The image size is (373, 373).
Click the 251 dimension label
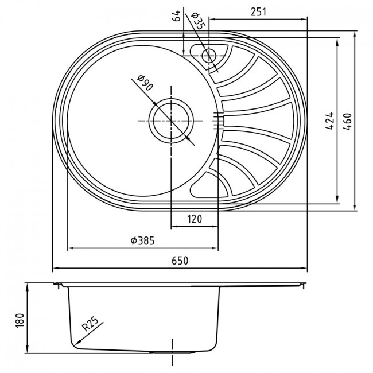259,12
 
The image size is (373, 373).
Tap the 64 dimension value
176,16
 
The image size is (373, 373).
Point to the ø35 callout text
197,21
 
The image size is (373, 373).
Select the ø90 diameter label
145,83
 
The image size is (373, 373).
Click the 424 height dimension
330,121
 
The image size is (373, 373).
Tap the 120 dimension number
195,219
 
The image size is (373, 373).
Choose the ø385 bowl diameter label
143,240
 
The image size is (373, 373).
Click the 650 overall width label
180,261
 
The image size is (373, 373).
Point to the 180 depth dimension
20,320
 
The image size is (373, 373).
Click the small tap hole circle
209,56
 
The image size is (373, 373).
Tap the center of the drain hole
171,121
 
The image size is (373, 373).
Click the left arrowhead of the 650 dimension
55,268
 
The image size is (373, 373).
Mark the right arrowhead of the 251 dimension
304,20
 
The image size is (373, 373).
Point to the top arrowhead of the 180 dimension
28,286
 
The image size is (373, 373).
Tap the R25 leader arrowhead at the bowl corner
76,344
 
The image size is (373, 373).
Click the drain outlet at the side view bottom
171,352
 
